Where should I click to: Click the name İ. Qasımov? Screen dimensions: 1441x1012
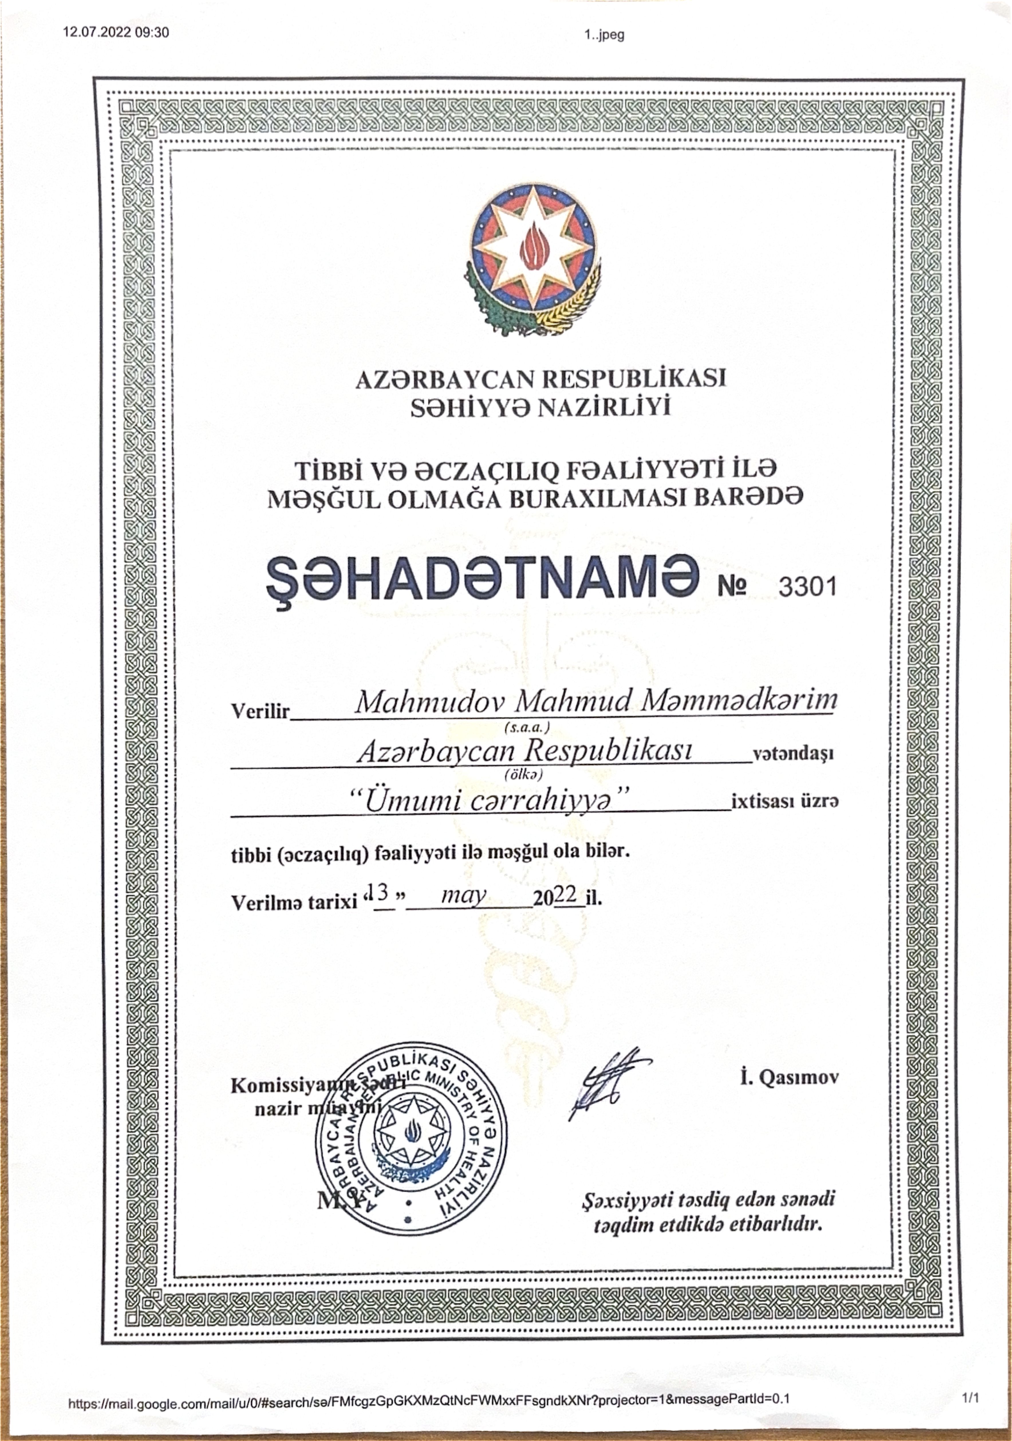point(789,1078)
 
